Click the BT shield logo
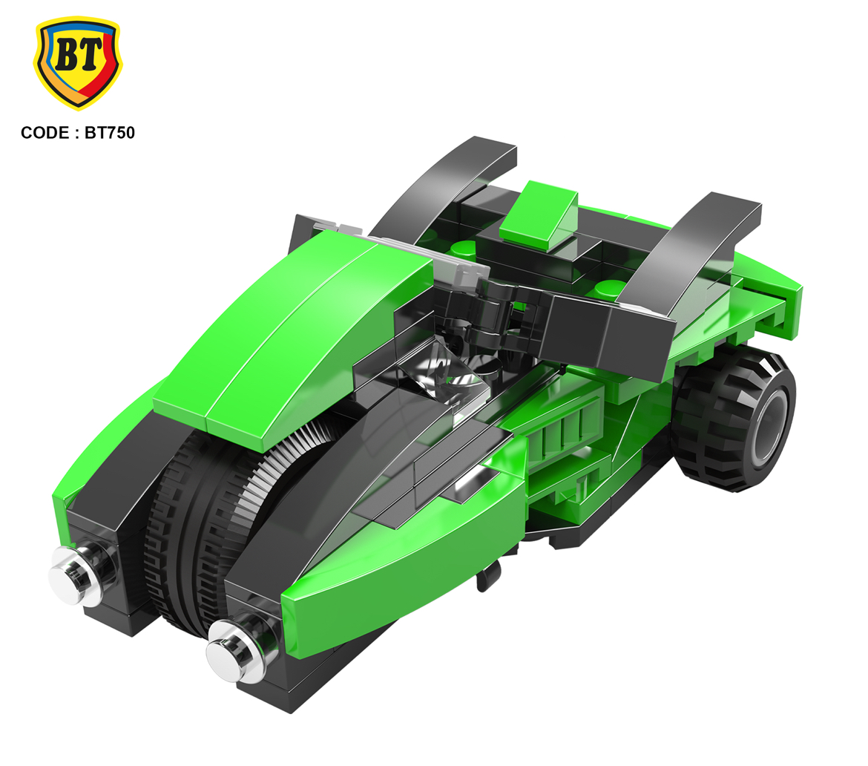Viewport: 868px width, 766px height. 77,62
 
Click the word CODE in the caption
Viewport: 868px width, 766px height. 45,133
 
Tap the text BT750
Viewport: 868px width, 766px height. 110,133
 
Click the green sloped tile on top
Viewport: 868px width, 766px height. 540,215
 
